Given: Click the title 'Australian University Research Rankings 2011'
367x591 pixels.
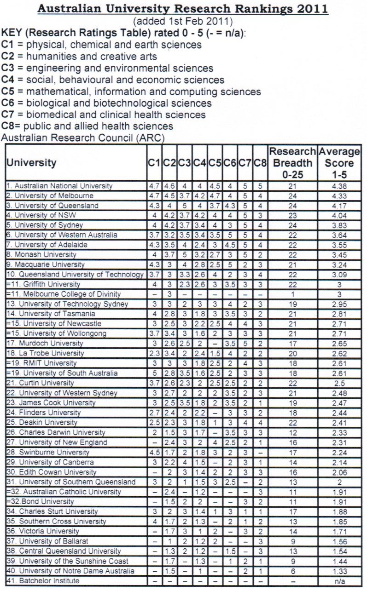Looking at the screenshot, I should [183, 9].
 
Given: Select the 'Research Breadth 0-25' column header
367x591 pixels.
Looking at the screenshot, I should [292, 163].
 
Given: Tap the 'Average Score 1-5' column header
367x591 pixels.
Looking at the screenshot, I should [339, 163].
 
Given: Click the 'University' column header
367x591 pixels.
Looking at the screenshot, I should [31, 163].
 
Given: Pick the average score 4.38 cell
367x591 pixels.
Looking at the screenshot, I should [339, 186].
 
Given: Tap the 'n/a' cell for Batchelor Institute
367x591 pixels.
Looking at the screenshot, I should [339, 581].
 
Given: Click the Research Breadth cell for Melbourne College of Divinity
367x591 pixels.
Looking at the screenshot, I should [292, 294].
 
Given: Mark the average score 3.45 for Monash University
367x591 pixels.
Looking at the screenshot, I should [339, 255].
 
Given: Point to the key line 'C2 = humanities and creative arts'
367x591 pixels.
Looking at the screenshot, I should [80, 57].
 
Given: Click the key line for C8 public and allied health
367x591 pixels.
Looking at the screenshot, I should [87, 126].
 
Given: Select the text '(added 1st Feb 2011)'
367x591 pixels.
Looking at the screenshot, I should [183, 21].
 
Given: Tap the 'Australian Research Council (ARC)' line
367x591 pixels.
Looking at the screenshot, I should [83, 138].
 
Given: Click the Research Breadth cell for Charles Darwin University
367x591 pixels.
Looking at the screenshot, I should [292, 432].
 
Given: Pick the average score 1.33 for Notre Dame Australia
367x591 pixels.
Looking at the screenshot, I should [339, 571].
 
